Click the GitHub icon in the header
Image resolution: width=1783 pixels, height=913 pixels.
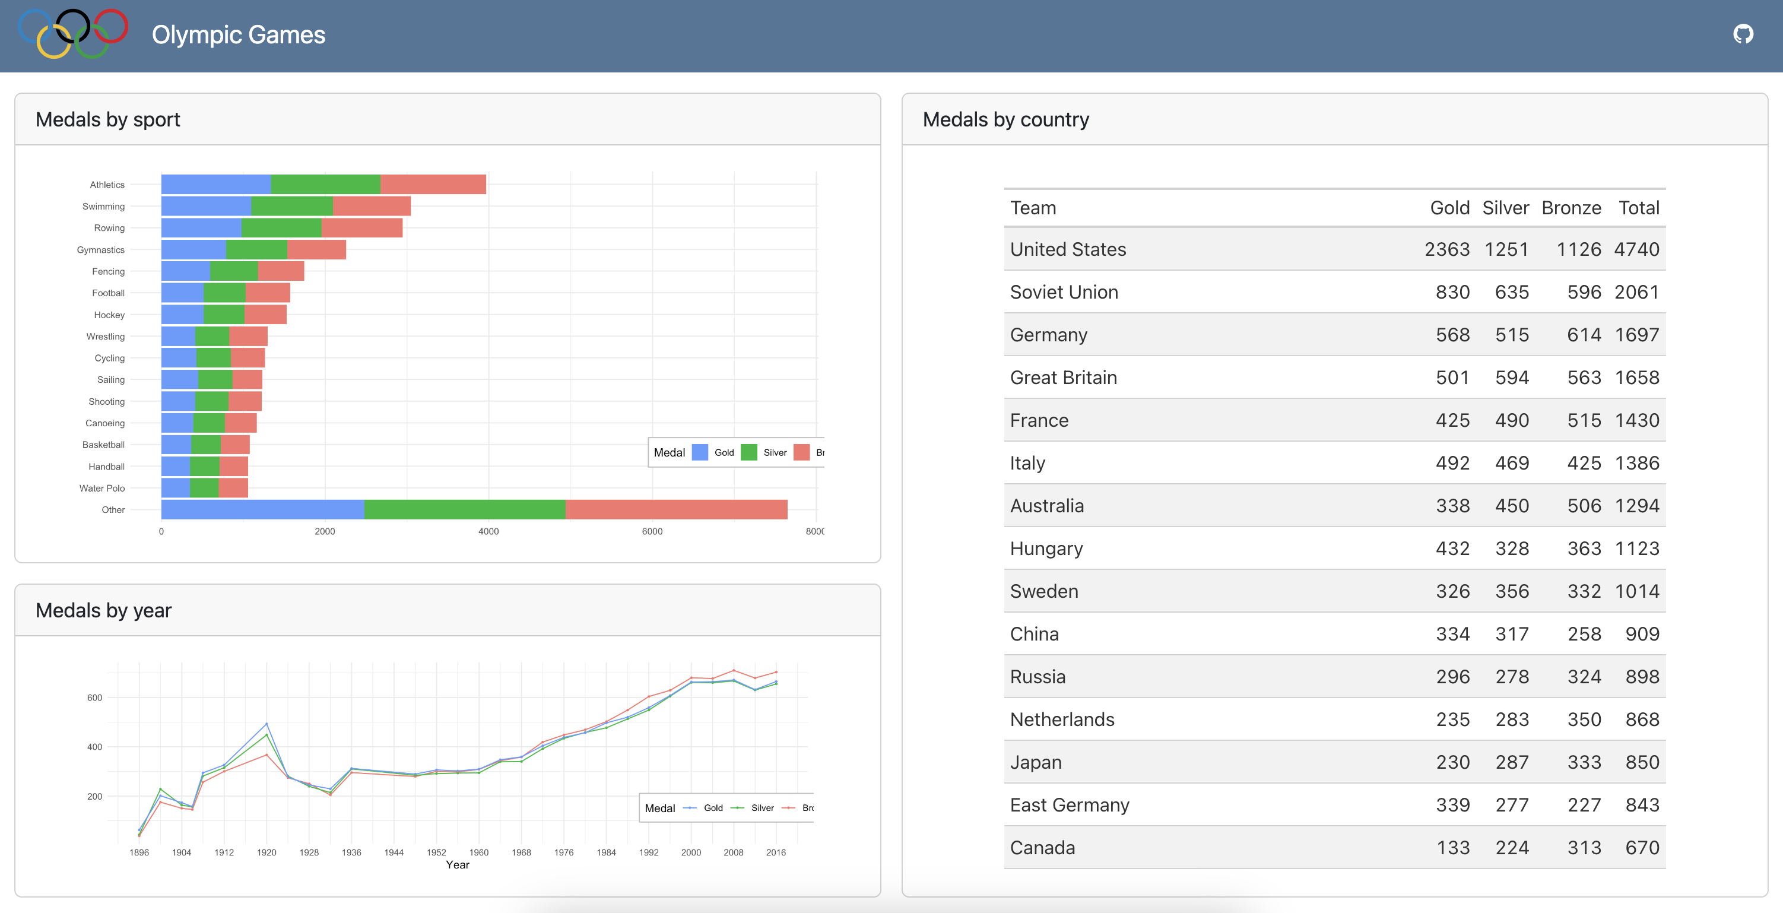pyautogui.click(x=1742, y=34)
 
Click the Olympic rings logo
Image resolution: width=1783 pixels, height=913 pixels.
pyautogui.click(x=72, y=33)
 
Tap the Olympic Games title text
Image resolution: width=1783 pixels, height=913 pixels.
pyautogui.click(x=238, y=34)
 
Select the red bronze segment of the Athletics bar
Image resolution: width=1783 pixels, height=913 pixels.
pyautogui.click(x=433, y=184)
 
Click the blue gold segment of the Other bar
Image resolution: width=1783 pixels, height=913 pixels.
pyautogui.click(x=262, y=509)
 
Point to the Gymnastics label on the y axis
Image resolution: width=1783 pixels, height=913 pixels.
pyautogui.click(x=100, y=250)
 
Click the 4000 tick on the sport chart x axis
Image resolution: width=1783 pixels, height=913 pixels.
pyautogui.click(x=488, y=532)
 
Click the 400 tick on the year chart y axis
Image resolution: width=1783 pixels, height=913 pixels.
pyautogui.click(x=94, y=747)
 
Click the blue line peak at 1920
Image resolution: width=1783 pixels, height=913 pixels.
pyautogui.click(x=267, y=724)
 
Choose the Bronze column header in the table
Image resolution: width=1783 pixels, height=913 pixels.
pyautogui.click(x=1571, y=208)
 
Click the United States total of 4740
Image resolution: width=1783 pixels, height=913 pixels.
pyautogui.click(x=1636, y=249)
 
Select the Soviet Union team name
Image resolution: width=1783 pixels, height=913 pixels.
pyautogui.click(x=1064, y=292)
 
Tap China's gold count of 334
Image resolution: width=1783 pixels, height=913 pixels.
pyautogui.click(x=1452, y=634)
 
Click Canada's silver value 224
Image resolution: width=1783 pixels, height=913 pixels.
pyautogui.click(x=1512, y=848)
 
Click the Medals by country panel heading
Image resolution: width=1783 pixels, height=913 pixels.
pyautogui.click(x=1005, y=120)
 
